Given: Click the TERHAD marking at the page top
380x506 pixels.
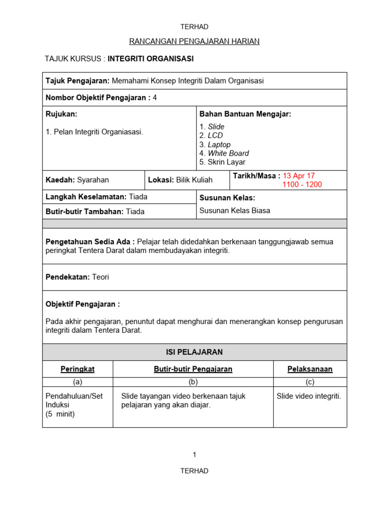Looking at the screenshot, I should pos(194,27).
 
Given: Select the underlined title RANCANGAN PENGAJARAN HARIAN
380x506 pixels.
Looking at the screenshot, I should pos(194,42).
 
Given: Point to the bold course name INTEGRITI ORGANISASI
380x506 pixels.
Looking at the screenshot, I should pos(150,59).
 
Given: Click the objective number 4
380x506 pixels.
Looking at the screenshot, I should pos(155,98).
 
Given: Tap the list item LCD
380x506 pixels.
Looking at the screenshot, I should pos(215,135).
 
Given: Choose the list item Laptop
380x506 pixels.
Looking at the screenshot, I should pos(219,145).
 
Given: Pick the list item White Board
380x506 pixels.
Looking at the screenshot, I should pos(228,153).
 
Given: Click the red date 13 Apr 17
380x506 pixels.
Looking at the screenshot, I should pos(298,175).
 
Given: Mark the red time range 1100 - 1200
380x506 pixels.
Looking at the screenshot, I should pos(302,185).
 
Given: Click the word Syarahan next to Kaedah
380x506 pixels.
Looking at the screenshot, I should pos(93,180).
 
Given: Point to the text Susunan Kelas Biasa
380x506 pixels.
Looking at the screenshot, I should pos(235,211).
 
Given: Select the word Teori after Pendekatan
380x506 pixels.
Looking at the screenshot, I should pos(100,277).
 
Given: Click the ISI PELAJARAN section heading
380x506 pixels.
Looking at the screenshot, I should pos(194,352).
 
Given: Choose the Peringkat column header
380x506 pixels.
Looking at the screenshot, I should pos(77,369).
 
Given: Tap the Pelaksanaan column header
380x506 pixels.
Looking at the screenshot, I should pos(310,369).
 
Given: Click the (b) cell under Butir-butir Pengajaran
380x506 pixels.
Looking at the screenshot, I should pos(192,381).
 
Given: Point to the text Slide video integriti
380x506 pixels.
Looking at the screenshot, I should pos(309,396).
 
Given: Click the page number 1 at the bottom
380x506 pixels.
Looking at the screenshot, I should pos(194,455).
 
